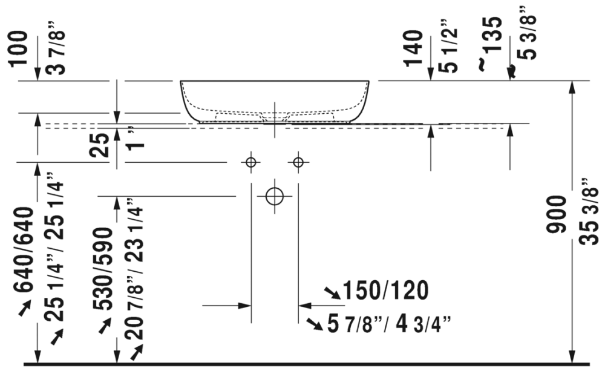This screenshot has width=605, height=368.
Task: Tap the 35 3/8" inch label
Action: (x=589, y=212)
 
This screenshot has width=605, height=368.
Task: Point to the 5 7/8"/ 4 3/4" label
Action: (x=389, y=324)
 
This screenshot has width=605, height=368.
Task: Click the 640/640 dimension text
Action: (x=24, y=249)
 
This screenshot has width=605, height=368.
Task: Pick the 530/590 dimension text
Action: (x=103, y=269)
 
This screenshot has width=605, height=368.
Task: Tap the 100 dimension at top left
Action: (x=19, y=49)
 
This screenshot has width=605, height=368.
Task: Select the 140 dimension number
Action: (x=413, y=48)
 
